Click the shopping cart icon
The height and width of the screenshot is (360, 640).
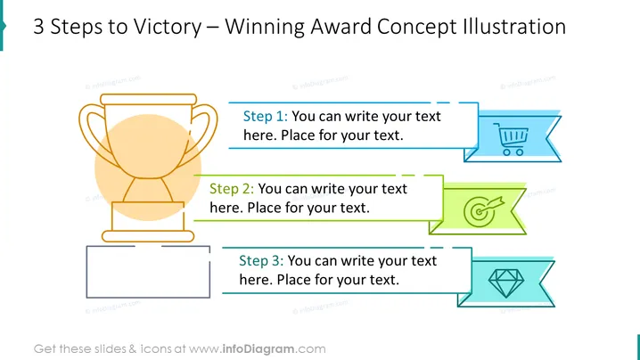[511, 139]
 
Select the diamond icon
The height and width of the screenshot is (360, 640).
[506, 282]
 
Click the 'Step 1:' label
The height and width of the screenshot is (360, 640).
[266, 117]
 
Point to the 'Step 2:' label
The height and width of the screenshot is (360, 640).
[232, 189]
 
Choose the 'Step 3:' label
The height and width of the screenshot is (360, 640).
[261, 261]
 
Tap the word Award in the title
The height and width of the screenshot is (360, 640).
[341, 27]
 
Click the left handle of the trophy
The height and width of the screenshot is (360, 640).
[87, 131]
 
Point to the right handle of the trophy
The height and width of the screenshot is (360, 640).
[209, 131]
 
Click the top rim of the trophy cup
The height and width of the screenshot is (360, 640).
[149, 99]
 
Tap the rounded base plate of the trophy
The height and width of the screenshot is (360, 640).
[148, 236]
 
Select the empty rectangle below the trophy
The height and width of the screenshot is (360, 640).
[86, 272]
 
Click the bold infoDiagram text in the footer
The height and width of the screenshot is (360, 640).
[258, 349]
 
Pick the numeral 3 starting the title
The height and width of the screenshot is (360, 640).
[38, 27]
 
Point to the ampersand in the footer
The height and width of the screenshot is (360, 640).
[133, 349]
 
